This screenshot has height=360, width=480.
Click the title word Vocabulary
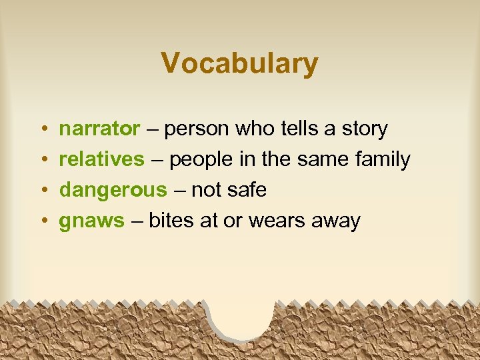(x=239, y=64)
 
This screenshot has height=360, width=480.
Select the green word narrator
(x=99, y=129)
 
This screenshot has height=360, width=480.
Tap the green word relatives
(x=102, y=159)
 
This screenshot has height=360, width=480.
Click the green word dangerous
(x=113, y=191)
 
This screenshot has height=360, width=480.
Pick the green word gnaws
(x=91, y=221)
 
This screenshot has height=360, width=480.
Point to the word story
(x=365, y=129)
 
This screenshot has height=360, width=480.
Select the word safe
(x=246, y=191)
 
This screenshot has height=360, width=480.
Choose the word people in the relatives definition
(x=203, y=160)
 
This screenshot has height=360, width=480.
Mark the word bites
(x=171, y=221)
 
